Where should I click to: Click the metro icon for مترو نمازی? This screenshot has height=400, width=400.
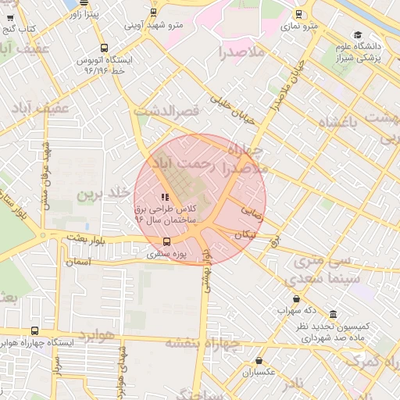pyautogui.click(x=298, y=13)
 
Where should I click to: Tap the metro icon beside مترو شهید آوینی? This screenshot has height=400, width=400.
pyautogui.click(x=153, y=12)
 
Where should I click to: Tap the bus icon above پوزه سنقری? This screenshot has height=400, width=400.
pyautogui.click(x=165, y=241)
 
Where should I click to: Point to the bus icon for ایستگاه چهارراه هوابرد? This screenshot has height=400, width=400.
pyautogui.click(x=34, y=330)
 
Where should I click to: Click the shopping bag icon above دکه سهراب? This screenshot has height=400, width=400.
pyautogui.click(x=296, y=298)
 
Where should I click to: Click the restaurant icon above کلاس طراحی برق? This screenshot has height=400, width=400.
pyautogui.click(x=163, y=198)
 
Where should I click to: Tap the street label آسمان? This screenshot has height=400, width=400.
pyautogui.click(x=79, y=263)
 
